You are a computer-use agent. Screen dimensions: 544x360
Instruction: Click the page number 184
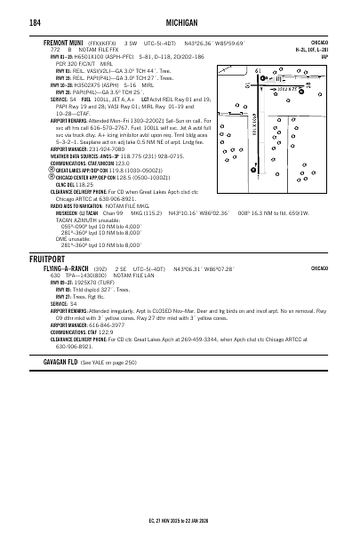tap(35, 21)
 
